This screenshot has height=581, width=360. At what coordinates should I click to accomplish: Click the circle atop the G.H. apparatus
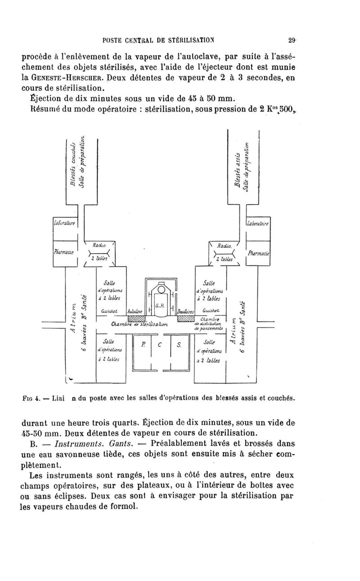tap(159, 290)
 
